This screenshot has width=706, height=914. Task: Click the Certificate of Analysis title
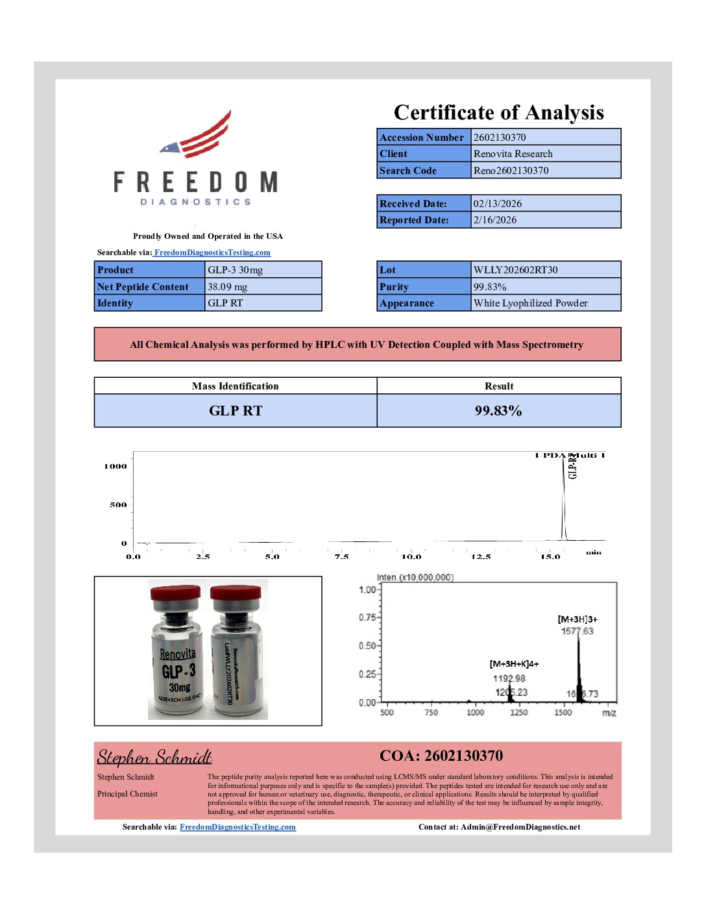click(x=498, y=112)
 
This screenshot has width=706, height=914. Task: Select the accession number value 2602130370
click(x=500, y=137)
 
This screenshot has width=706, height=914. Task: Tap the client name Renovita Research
click(x=513, y=154)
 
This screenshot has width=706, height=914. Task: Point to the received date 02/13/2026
click(x=497, y=204)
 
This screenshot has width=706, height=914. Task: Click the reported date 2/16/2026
click(x=495, y=220)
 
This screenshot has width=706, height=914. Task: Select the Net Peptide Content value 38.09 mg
click(x=227, y=287)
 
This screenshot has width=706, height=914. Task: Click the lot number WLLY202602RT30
click(x=515, y=270)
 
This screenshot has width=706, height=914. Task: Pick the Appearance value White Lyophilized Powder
click(x=530, y=303)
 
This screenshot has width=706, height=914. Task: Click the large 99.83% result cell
click(x=498, y=411)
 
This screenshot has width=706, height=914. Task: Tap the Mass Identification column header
click(x=235, y=386)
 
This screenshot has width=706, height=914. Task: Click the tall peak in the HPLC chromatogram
click(x=563, y=500)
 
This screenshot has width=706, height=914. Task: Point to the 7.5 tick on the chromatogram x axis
click(x=341, y=557)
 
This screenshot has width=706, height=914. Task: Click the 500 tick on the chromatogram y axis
click(x=118, y=505)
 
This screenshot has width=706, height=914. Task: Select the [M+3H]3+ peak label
click(x=578, y=619)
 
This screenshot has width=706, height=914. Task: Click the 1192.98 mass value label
click(x=509, y=678)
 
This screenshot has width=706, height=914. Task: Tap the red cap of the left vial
click(x=175, y=593)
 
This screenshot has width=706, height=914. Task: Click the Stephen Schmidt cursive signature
click(x=154, y=757)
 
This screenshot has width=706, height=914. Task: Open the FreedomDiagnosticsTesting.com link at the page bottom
click(x=237, y=827)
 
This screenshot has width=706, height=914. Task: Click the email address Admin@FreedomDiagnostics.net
click(x=520, y=827)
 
